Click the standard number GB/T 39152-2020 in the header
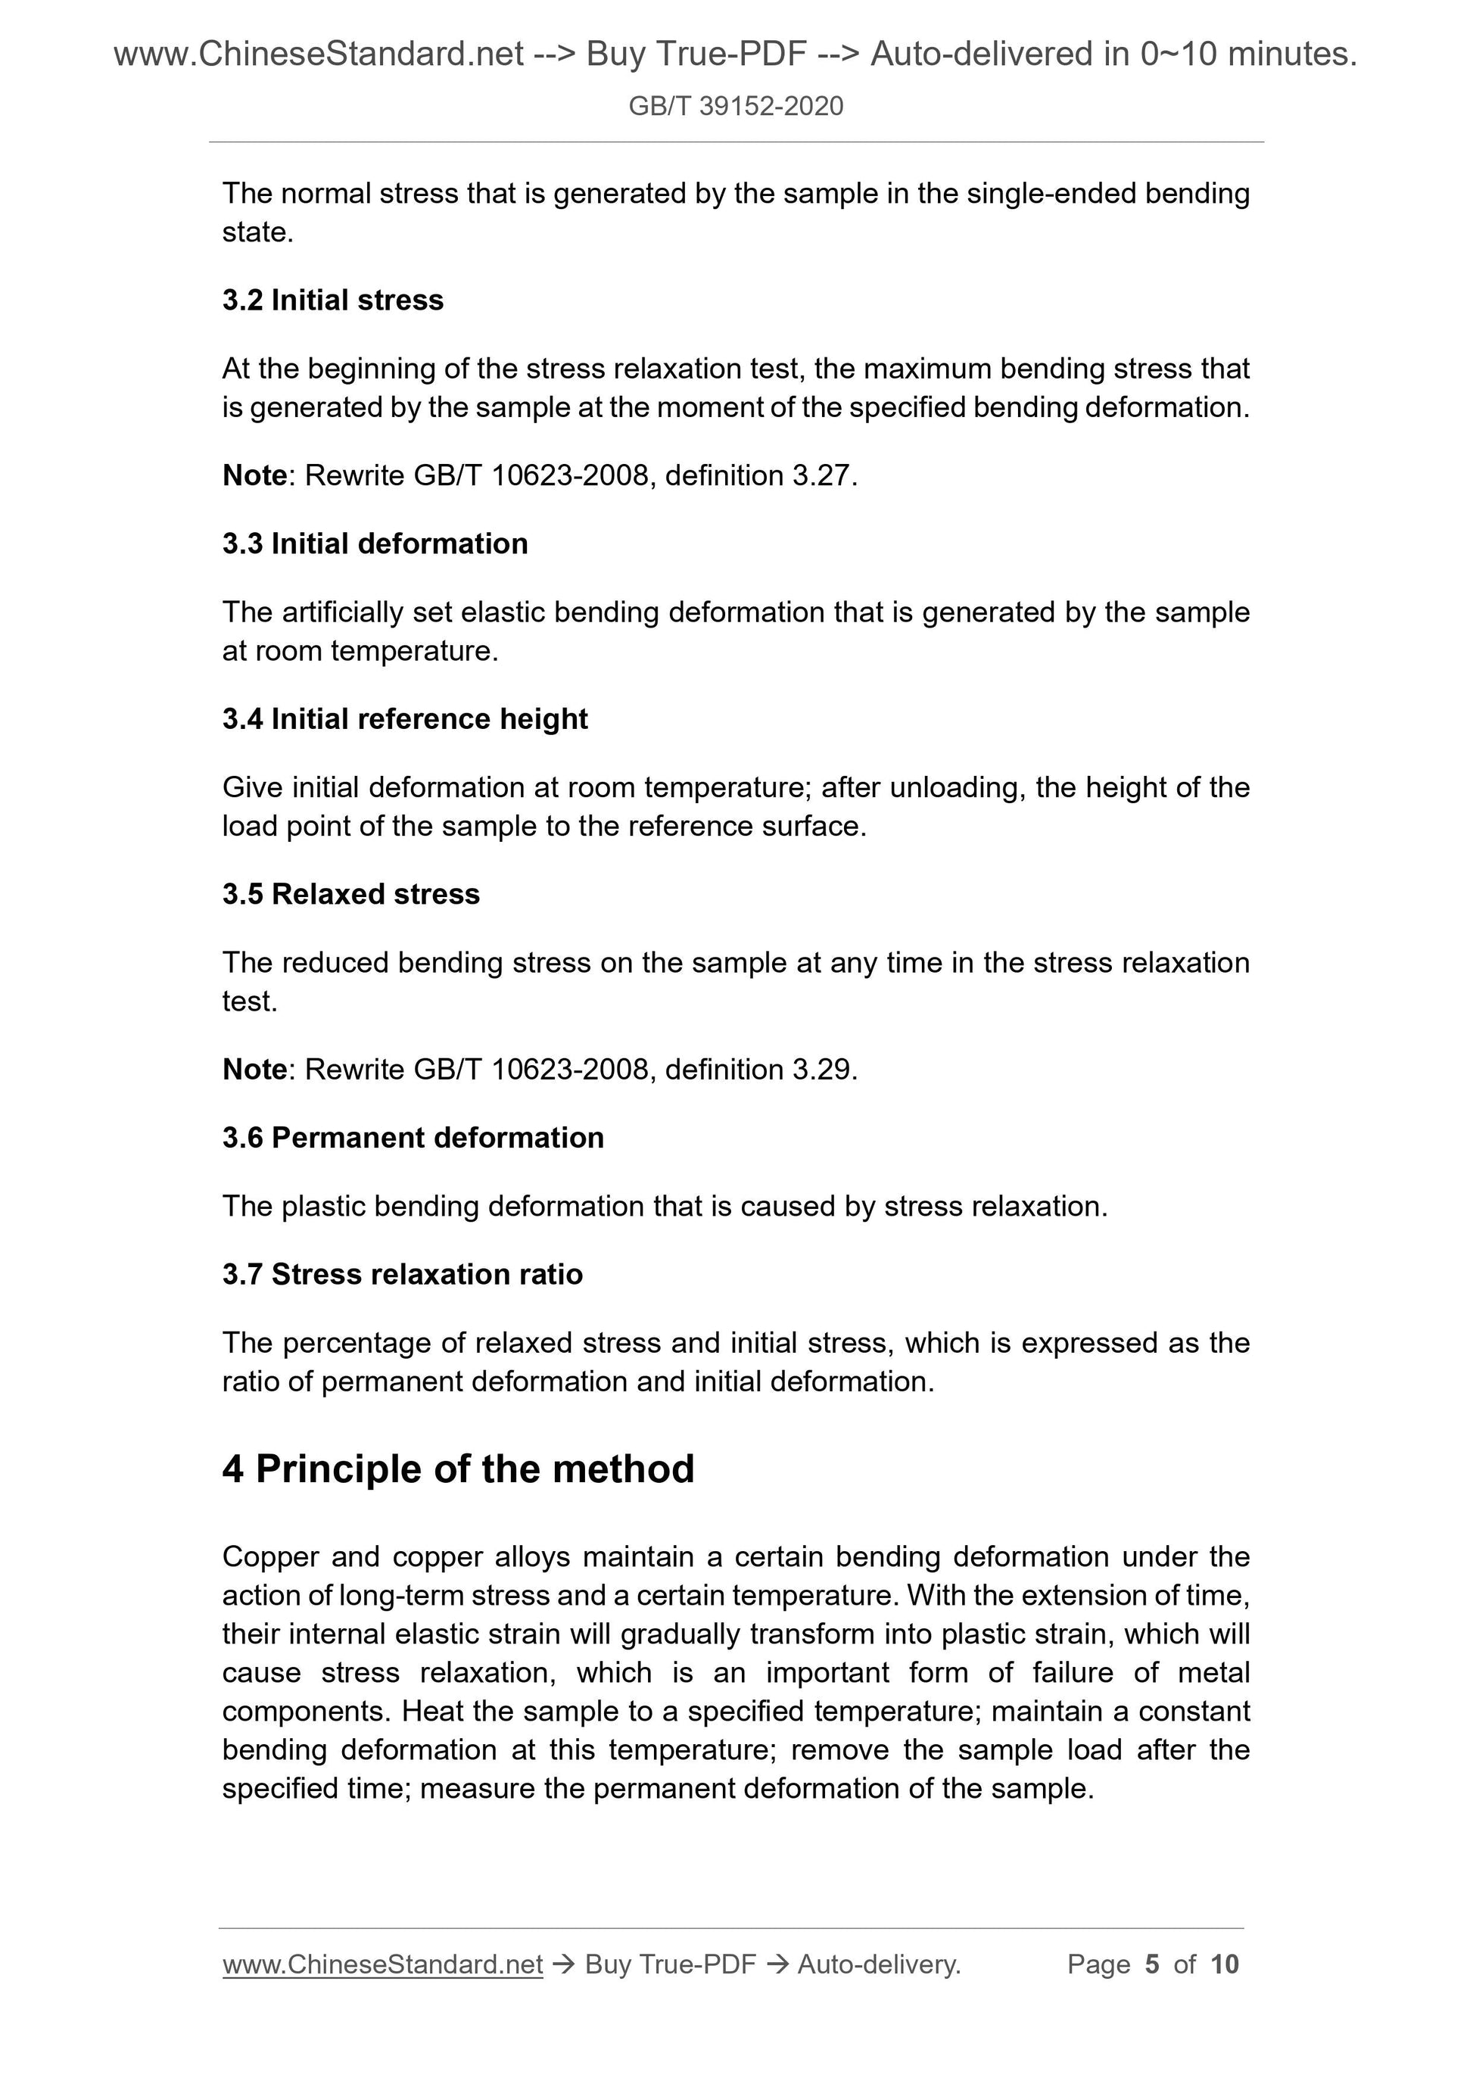735,106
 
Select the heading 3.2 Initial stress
332,300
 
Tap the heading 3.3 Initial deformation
375,543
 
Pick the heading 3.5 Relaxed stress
350,893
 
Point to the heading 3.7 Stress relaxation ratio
402,1273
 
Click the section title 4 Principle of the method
459,1468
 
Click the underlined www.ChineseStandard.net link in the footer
382,1964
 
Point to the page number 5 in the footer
1152,1964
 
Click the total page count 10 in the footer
1223,1964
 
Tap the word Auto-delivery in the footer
877,1964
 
